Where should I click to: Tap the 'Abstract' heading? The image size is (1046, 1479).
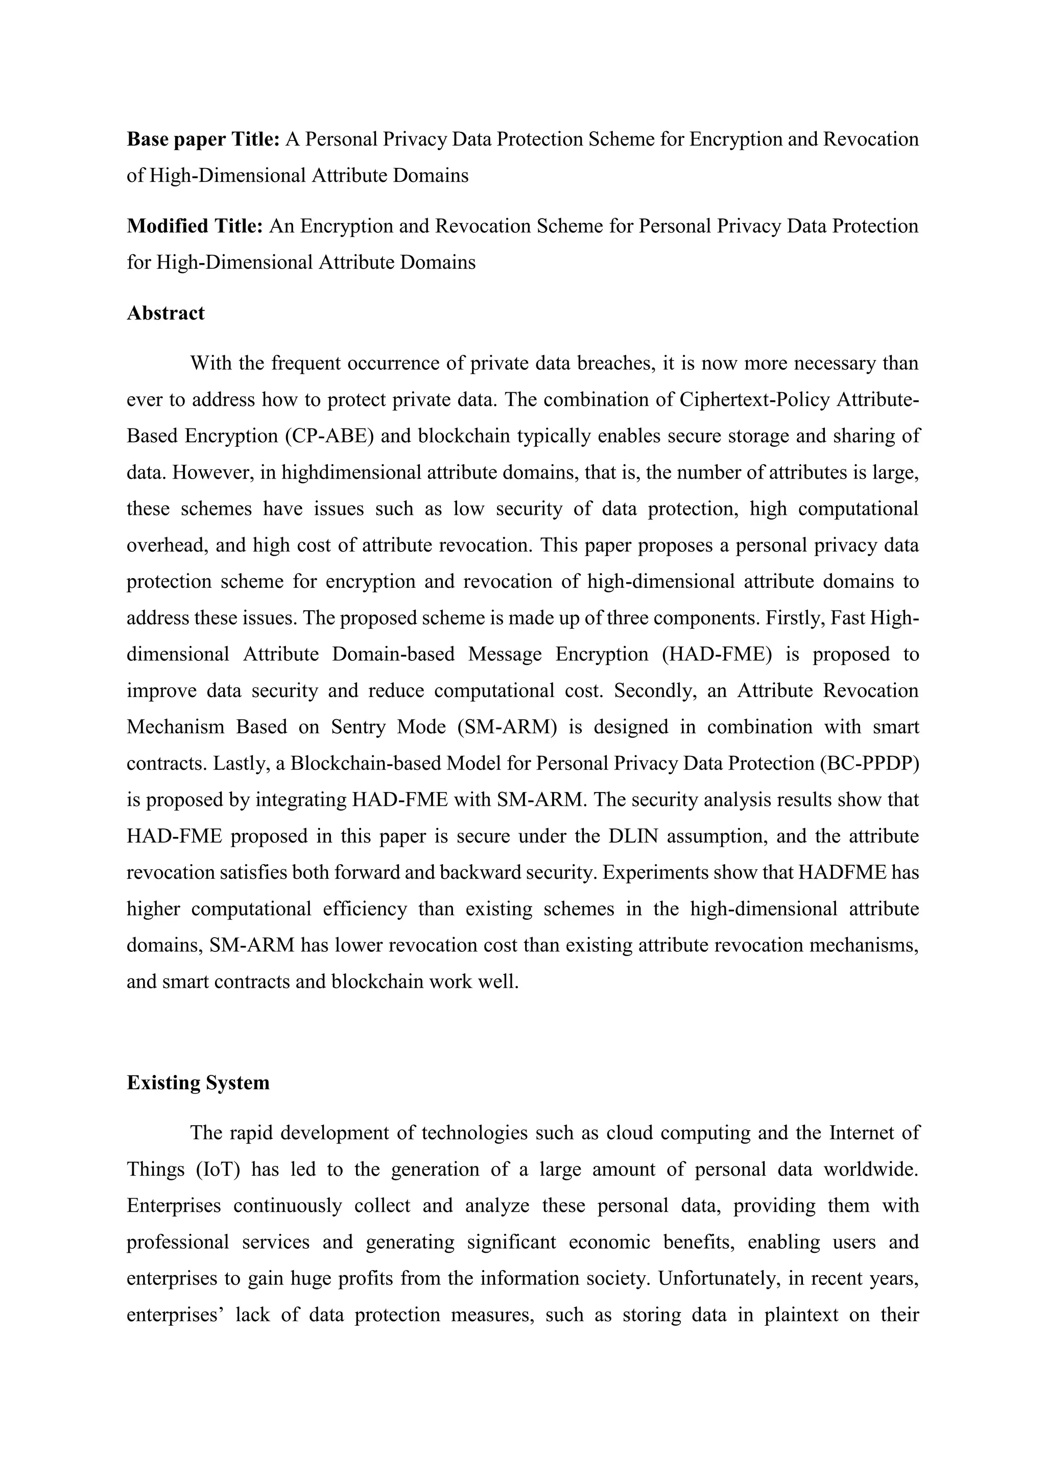(x=165, y=313)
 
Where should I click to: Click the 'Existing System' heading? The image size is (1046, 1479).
(x=198, y=1082)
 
